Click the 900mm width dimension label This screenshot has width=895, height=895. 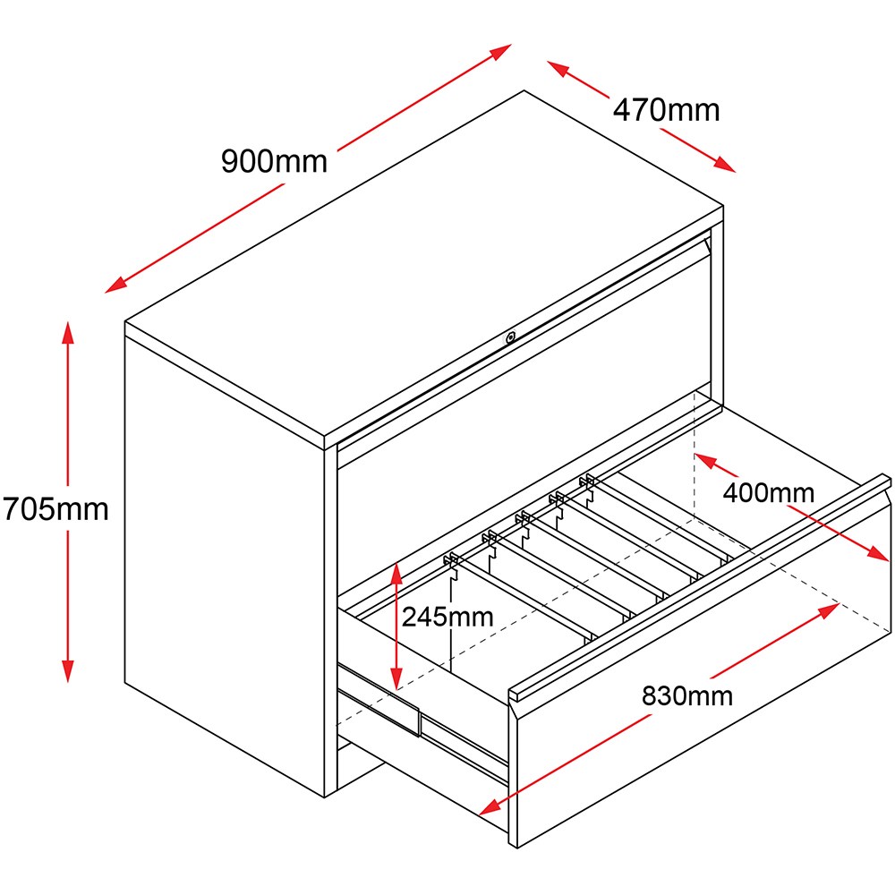tap(275, 161)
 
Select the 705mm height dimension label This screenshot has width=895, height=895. tap(55, 508)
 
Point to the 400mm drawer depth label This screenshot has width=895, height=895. tap(768, 492)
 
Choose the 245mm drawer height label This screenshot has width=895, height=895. tap(447, 617)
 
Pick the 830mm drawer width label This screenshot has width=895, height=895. tap(687, 695)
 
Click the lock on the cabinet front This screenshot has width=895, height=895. tap(510, 337)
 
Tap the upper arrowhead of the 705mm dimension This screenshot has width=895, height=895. tap(68, 333)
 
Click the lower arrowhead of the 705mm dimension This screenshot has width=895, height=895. tap(68, 671)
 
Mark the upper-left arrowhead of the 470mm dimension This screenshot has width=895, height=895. tap(558, 68)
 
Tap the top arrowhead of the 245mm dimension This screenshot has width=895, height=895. tap(396, 573)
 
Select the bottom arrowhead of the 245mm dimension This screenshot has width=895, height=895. tap(396, 678)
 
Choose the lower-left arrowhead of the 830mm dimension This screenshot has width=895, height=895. tap(490, 807)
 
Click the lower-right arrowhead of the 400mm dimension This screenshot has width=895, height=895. tap(878, 552)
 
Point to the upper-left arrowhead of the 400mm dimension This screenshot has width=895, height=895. tap(705, 461)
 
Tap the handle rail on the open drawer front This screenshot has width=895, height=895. tap(701, 587)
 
